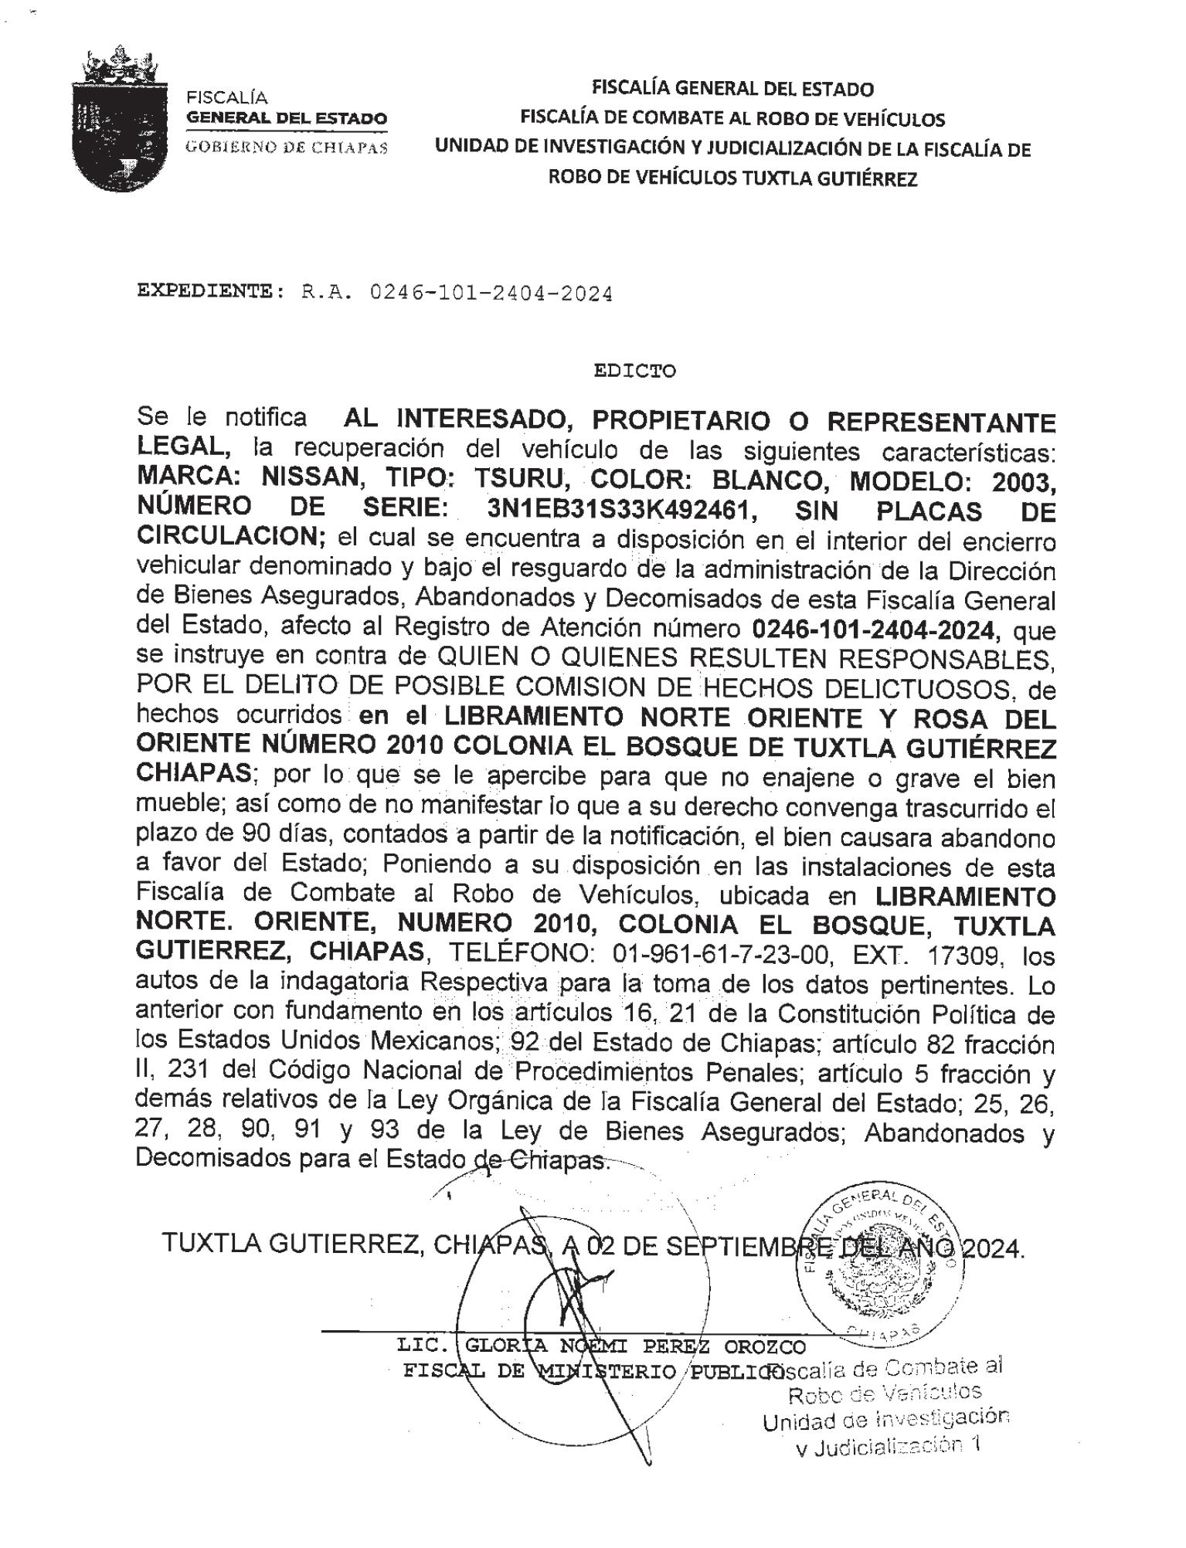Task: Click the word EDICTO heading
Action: click(634, 371)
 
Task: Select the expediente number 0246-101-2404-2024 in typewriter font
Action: click(491, 294)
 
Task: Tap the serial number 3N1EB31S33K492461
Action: click(620, 511)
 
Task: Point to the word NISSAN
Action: click(312, 480)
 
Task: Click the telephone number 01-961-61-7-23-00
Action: click(722, 956)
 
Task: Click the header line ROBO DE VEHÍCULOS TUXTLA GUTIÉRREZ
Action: click(732, 178)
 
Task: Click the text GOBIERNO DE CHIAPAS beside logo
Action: click(287, 148)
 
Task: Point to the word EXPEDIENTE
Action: click(204, 292)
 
